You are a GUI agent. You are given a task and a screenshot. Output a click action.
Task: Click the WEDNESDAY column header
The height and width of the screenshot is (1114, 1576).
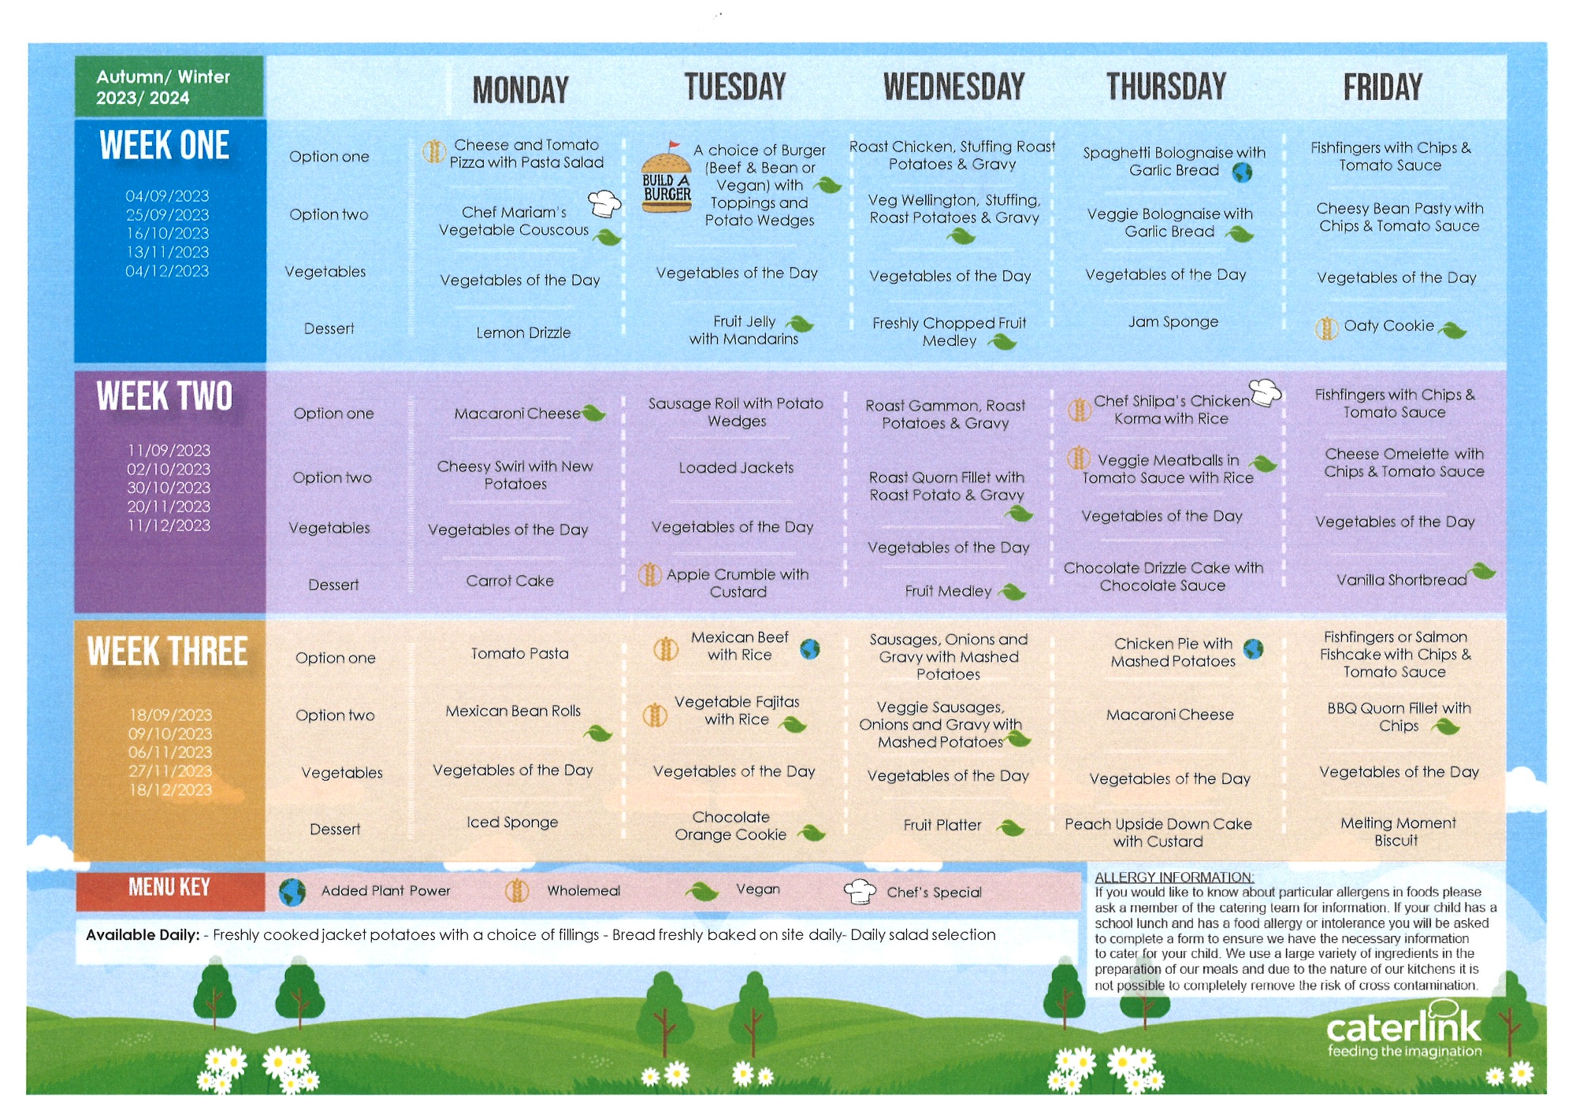tap(953, 87)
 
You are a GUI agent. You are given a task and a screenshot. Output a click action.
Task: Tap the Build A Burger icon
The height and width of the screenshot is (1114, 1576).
tap(666, 179)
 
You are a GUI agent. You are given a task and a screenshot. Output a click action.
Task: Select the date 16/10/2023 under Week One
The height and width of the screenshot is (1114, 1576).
tap(167, 233)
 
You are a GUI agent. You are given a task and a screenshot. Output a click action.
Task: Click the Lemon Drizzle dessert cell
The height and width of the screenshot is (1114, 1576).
tap(523, 332)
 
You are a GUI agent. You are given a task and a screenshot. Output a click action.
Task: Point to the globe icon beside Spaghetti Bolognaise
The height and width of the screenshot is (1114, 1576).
tap(1243, 172)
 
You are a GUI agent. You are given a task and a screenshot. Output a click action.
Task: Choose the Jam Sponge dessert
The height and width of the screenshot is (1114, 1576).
tap(1173, 322)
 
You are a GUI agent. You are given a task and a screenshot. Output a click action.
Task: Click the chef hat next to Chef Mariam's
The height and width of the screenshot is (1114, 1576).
tap(605, 203)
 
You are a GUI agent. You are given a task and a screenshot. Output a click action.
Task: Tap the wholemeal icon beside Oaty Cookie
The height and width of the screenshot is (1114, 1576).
tap(1327, 328)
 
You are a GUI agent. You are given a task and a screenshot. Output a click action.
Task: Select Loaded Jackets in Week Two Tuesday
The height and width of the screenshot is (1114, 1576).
tap(736, 468)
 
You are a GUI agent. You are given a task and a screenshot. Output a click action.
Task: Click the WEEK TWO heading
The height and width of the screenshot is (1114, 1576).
tap(165, 396)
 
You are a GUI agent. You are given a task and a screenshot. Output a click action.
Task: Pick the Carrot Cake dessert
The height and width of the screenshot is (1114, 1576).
tap(510, 581)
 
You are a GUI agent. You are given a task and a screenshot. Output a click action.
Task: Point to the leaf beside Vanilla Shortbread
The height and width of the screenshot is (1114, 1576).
tap(1482, 570)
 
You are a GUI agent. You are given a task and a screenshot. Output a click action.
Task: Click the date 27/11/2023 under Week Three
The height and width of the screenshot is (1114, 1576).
tap(170, 771)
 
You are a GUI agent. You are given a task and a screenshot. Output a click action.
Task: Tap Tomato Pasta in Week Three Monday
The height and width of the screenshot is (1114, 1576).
tap(519, 653)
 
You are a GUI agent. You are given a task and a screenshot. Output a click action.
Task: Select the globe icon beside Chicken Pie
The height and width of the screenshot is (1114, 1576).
tap(1253, 649)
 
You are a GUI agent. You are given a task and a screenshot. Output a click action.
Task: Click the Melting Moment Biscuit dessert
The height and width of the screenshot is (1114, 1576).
tap(1398, 832)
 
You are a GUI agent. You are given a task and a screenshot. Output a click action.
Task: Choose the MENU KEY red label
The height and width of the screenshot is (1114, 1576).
tap(169, 888)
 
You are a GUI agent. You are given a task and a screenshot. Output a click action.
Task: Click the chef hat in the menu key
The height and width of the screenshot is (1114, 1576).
tap(860, 891)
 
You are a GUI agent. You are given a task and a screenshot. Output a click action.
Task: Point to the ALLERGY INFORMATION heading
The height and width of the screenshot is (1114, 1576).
tap(1174, 878)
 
